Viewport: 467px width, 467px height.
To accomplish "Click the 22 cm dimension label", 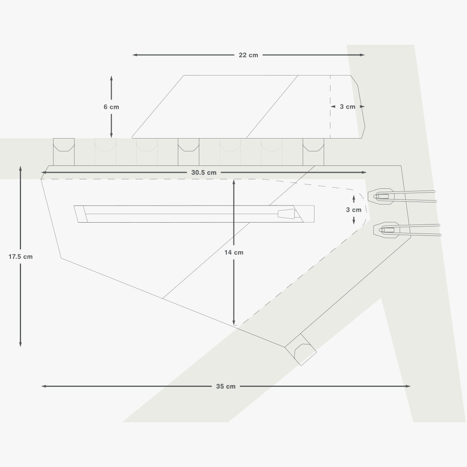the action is click(x=248, y=55).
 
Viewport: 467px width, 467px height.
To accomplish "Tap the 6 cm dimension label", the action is click(x=111, y=107).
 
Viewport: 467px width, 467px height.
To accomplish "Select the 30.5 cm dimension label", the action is click(x=204, y=172).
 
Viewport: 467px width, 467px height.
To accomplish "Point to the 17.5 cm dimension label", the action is click(x=21, y=256).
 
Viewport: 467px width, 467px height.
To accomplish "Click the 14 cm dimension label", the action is click(x=234, y=253).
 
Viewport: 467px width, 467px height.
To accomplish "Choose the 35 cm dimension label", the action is click(x=226, y=386).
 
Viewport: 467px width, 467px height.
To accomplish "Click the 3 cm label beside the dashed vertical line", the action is click(x=348, y=107).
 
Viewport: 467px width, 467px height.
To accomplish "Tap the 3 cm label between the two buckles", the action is click(x=354, y=210).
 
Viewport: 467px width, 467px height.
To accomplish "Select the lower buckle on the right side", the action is click(x=407, y=230).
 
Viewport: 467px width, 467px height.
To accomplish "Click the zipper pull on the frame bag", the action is click(x=286, y=214).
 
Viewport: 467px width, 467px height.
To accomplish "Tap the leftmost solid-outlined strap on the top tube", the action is click(x=64, y=152).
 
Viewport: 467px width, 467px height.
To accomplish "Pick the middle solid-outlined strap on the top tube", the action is click(x=188, y=152).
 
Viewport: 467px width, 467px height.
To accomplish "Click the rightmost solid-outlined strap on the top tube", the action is click(x=313, y=152).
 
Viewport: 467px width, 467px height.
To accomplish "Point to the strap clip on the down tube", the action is click(x=301, y=349).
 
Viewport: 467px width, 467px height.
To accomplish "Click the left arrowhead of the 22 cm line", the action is click(x=135, y=55).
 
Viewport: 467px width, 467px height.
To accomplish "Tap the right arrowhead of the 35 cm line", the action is click(x=408, y=386).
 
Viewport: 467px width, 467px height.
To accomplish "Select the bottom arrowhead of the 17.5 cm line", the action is click(x=20, y=344).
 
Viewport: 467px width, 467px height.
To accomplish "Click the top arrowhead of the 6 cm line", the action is click(x=111, y=78).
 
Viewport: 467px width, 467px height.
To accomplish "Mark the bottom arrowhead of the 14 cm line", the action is click(x=234, y=323).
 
